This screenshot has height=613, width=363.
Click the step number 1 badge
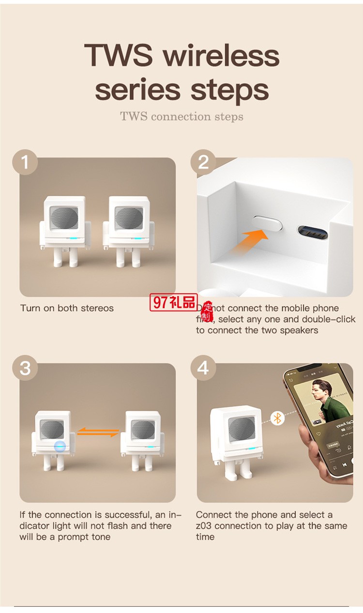25,162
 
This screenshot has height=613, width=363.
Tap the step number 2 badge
203,162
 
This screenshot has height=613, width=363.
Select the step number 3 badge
25,368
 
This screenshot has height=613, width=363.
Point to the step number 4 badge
203,368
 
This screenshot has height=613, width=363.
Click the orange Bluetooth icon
277,418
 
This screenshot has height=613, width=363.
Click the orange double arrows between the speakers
98,432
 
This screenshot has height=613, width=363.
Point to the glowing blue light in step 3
60,446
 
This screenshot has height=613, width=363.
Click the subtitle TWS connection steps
181,116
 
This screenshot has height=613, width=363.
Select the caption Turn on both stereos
67,308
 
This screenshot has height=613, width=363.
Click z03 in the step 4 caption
205,526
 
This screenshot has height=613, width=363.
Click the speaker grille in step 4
241,429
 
